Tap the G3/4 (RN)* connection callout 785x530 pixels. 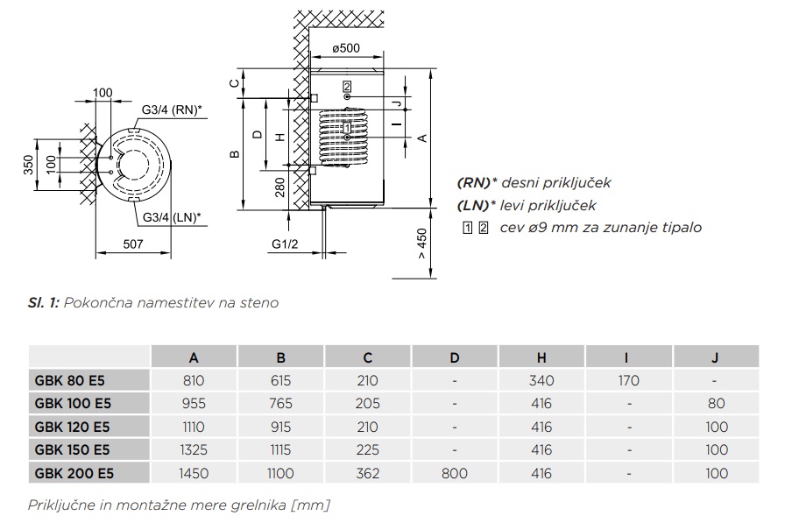click(x=172, y=110)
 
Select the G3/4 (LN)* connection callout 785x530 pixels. click(x=171, y=216)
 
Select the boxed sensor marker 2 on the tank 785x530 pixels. click(x=347, y=86)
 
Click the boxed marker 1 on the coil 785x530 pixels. click(x=348, y=129)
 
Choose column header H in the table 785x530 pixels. click(x=541, y=357)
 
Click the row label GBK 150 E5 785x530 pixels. click(x=72, y=449)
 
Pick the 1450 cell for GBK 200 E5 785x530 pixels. click(x=194, y=473)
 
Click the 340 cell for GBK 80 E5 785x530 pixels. click(x=541, y=381)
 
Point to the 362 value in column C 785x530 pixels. click(x=368, y=473)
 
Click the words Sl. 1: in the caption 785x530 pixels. click(x=43, y=303)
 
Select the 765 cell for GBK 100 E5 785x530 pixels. click(x=281, y=404)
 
